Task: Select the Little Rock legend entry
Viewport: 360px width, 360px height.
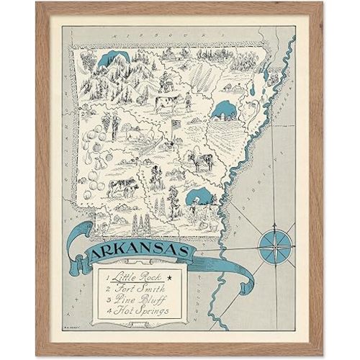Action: [x=132, y=276]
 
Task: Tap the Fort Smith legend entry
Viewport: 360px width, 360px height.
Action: [x=134, y=289]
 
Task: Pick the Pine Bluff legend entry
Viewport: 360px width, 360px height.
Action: [x=134, y=300]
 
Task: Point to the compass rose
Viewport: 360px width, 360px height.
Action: [x=276, y=242]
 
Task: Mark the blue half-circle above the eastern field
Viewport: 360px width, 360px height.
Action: [x=223, y=110]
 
